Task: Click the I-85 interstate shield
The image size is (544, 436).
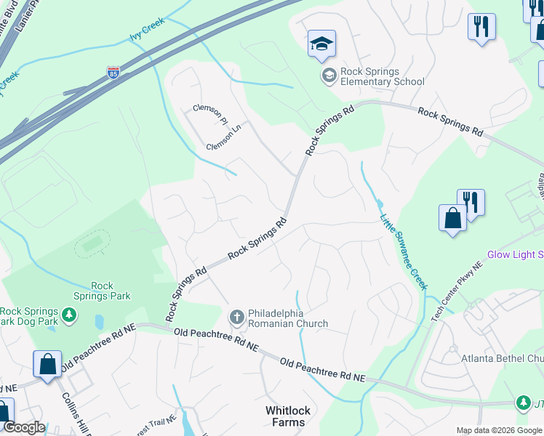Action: tap(113, 72)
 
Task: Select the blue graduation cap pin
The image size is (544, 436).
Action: tap(321, 44)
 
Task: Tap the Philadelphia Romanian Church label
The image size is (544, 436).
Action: tap(288, 318)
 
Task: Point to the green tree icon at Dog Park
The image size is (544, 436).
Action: tap(68, 315)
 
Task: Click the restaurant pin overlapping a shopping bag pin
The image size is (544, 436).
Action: tap(471, 203)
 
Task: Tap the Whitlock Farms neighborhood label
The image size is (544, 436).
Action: tap(287, 416)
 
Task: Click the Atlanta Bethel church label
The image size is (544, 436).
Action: tap(502, 358)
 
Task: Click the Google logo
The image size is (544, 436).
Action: tap(24, 427)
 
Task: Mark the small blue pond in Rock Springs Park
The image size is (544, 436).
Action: tap(99, 321)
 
